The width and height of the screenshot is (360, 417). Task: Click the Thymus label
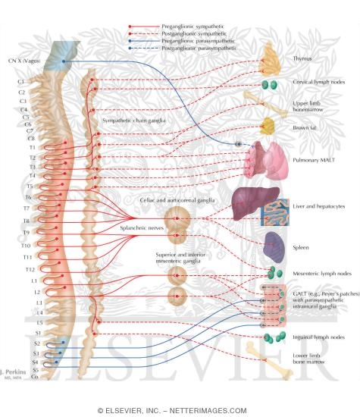(x=303, y=58)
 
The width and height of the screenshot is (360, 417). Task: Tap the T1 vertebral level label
(x=22, y=148)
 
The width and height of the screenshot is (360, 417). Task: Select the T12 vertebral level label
(x=27, y=269)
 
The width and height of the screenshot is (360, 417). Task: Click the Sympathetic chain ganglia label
(x=133, y=120)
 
